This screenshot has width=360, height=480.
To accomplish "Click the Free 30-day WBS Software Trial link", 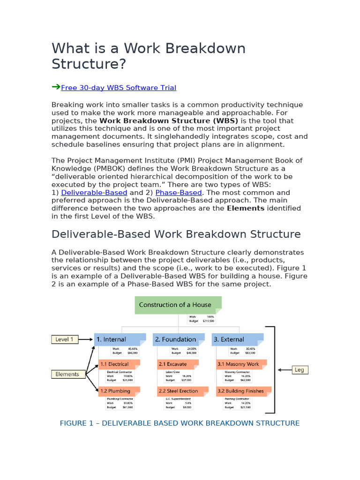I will click(119, 88).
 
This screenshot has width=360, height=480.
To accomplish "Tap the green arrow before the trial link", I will click(56, 87).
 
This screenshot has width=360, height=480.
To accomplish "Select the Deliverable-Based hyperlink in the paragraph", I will click(94, 193).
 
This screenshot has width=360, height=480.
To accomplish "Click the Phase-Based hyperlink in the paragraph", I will click(179, 193).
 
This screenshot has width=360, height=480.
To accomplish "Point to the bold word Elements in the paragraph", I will click(246, 208).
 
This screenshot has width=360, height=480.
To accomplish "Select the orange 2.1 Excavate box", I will click(179, 364).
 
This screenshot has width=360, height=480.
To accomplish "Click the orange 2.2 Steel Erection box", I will click(179, 391).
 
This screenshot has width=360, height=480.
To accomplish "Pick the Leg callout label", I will click(299, 370).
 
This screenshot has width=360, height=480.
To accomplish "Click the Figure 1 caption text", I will click(180, 423).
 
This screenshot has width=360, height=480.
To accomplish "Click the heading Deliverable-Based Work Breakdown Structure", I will click(176, 234).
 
